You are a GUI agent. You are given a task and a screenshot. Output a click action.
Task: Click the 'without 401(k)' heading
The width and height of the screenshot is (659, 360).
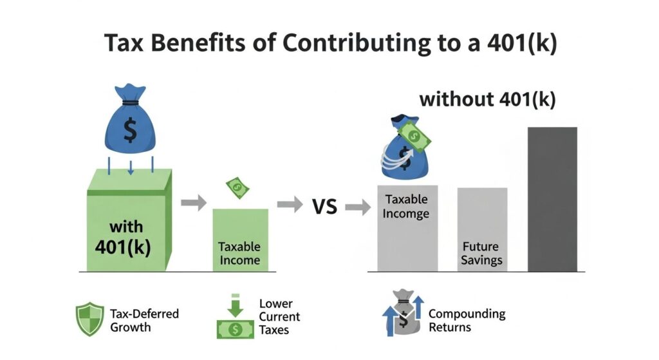point(487,100)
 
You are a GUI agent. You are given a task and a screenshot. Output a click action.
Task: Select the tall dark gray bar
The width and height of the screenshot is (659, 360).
point(552,199)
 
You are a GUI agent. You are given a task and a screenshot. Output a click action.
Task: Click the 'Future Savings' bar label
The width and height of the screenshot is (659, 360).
point(481,254)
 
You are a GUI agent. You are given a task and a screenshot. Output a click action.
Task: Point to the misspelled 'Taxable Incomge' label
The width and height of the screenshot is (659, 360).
point(407,206)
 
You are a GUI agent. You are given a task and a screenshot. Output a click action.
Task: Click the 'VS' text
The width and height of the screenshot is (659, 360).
point(326,207)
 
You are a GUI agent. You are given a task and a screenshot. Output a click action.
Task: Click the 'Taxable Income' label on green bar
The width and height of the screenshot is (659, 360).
point(239,253)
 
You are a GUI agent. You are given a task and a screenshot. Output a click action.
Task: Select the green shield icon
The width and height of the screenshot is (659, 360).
point(90,319)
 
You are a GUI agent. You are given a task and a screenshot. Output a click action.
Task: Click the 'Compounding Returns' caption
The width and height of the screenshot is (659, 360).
point(467,320)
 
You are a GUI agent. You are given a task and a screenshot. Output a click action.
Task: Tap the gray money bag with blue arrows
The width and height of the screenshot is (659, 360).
point(402,313)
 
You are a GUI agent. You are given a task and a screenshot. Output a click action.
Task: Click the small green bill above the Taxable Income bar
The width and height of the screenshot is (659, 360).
point(236,188)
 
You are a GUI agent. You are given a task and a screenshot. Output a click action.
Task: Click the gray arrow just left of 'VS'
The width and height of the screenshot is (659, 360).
point(289,205)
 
